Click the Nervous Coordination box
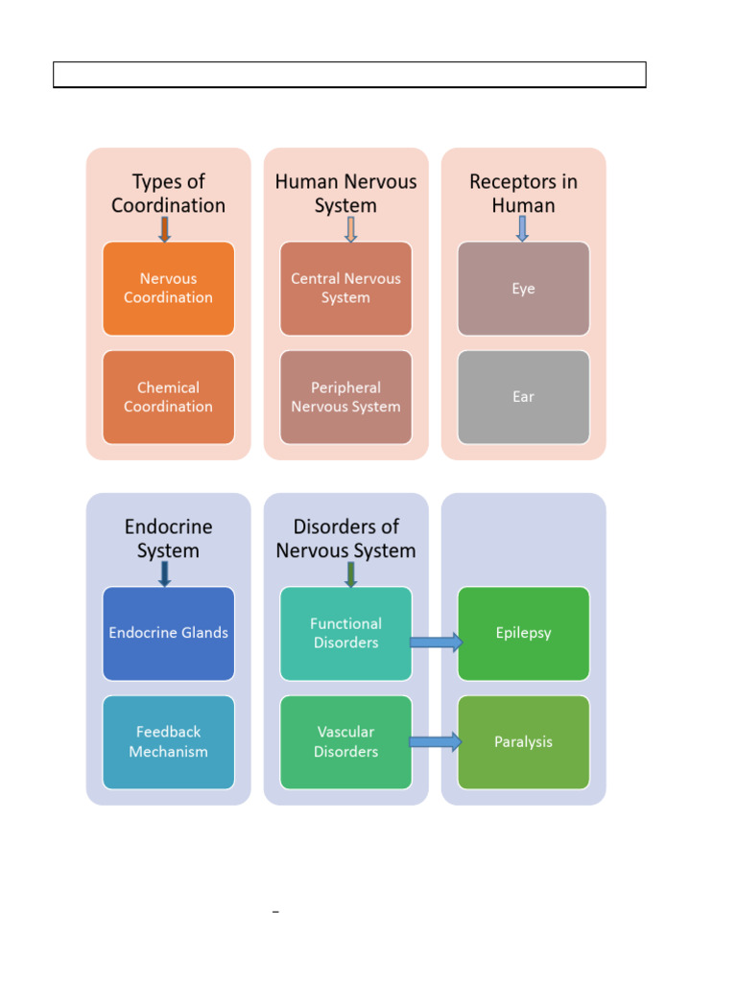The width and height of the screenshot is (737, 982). pos(168,289)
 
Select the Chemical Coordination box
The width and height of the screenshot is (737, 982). pos(168,397)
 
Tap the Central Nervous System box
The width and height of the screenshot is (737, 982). pos(345,289)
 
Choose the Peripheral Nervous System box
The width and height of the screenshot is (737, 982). pos(345,397)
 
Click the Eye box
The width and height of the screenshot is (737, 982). pos(523,289)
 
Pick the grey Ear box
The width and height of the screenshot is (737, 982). pos(523,397)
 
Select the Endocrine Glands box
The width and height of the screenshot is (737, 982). pos(168,633)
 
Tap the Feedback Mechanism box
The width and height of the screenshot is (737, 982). pos(168,742)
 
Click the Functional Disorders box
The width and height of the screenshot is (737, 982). pos(345,633)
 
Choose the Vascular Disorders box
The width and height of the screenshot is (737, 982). pos(345,742)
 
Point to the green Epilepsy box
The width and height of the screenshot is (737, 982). pos(523,633)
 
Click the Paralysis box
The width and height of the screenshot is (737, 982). pos(523,742)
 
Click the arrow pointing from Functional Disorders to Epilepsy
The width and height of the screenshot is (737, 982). pos(437,643)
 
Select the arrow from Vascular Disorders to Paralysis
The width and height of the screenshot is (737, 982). pos(437,741)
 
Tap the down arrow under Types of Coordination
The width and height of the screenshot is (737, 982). pos(165,229)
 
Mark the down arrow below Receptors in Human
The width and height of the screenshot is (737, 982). pos(522,229)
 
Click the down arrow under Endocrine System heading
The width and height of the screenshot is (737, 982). pos(165,573)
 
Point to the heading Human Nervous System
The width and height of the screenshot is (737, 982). pos(345,194)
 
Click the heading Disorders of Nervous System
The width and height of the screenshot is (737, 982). pos(345,539)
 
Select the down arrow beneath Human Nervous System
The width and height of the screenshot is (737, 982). pos(350,229)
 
